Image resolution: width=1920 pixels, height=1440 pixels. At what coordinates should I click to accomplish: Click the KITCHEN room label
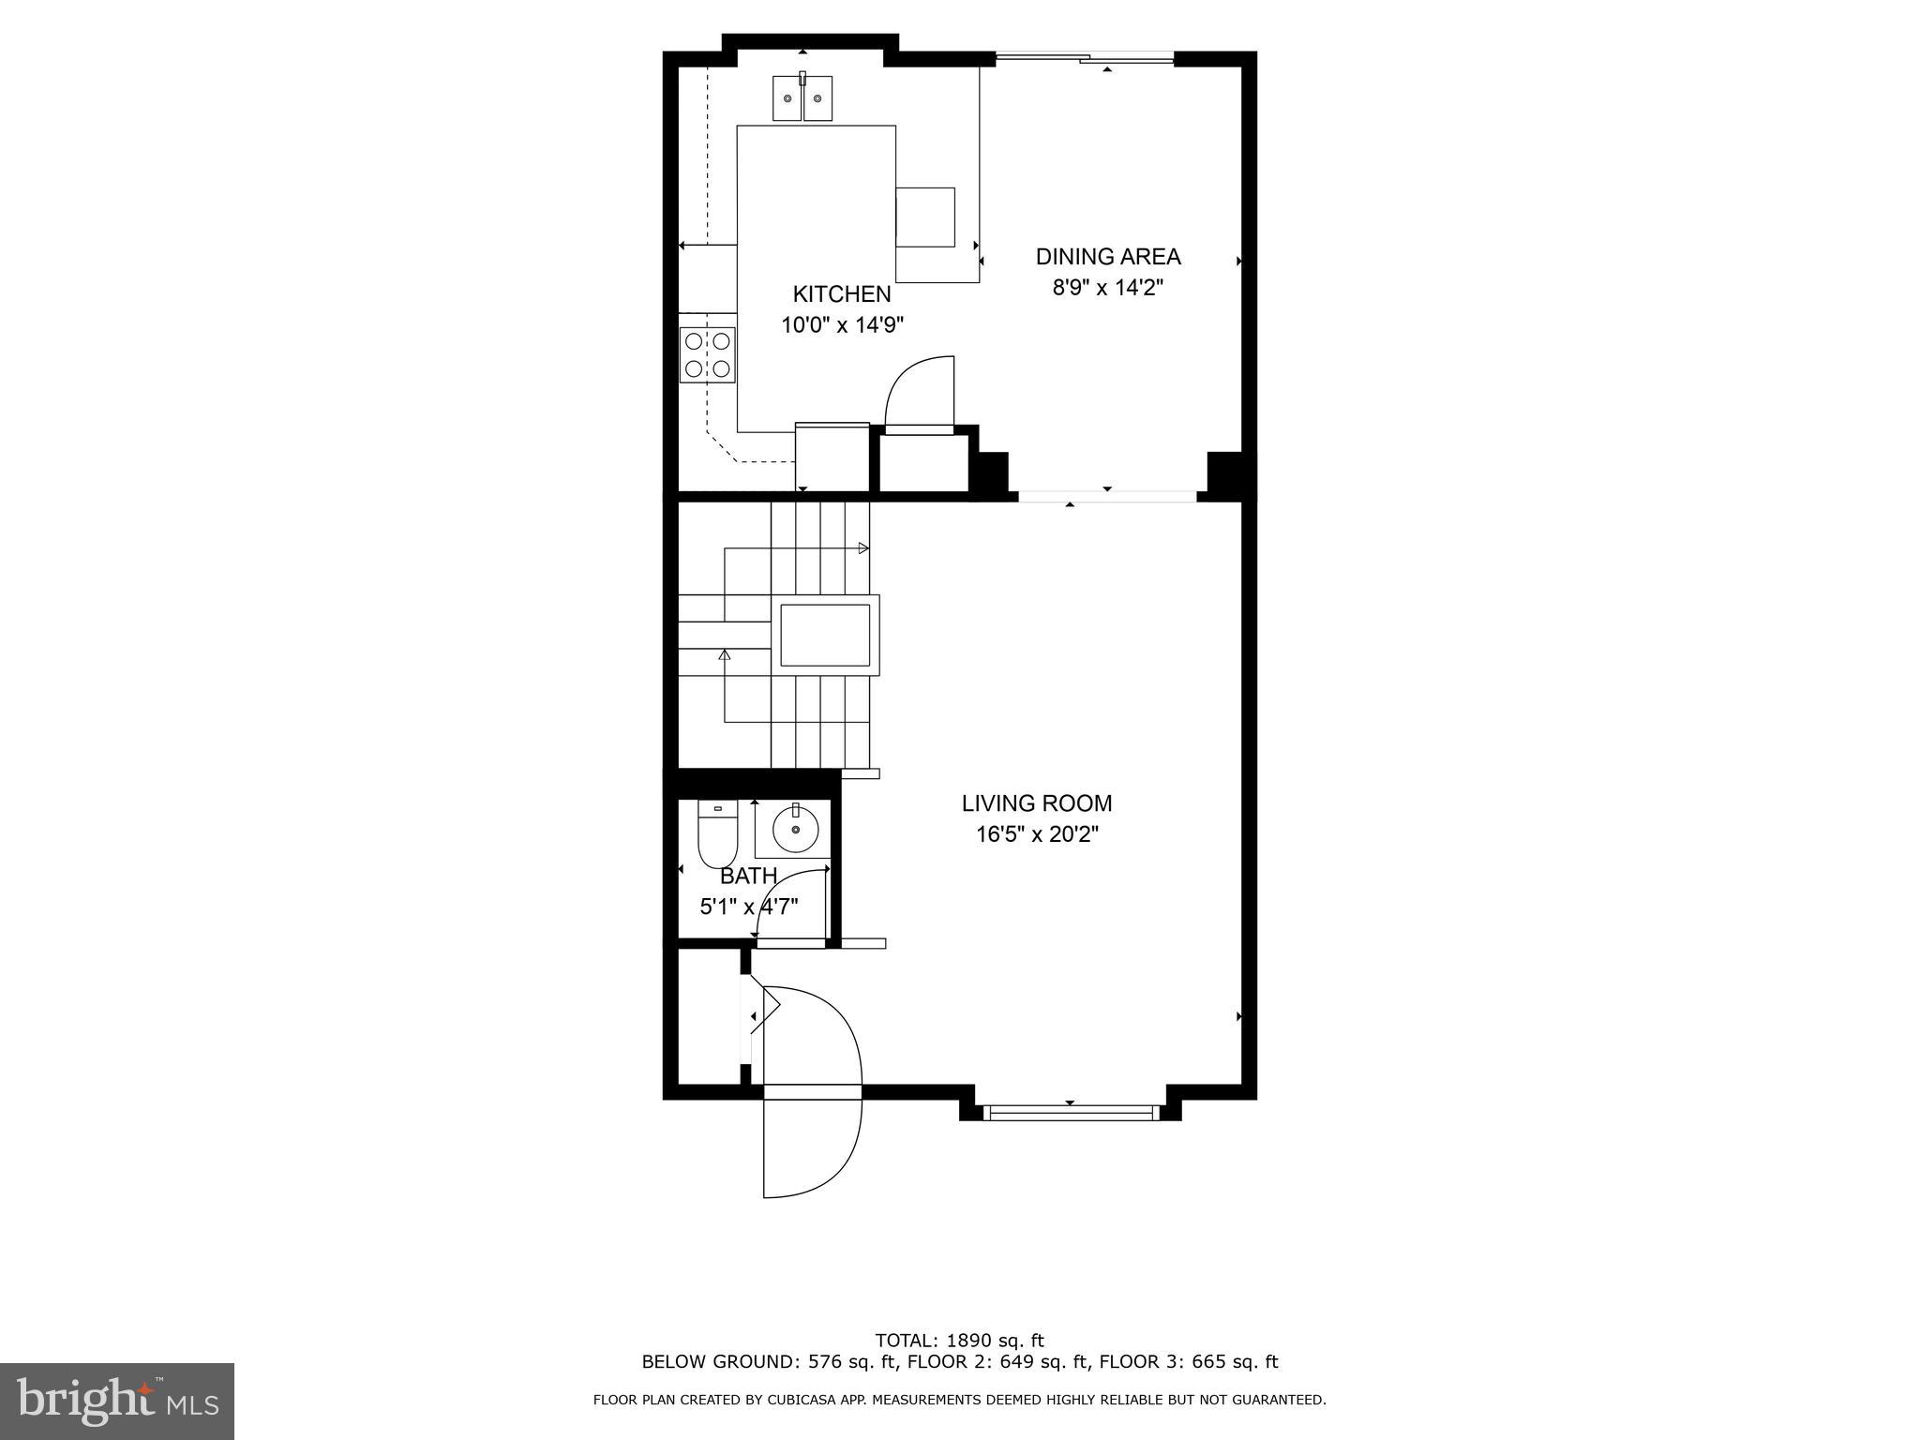841,294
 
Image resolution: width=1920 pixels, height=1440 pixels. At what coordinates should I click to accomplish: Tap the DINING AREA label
1107,257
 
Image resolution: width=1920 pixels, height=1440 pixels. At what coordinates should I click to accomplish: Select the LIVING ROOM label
1036,803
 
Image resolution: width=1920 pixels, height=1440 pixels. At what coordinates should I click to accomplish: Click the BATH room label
748,877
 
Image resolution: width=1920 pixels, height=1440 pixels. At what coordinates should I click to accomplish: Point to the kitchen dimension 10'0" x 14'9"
842,325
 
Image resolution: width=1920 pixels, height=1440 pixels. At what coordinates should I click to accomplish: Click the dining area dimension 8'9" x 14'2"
1107,288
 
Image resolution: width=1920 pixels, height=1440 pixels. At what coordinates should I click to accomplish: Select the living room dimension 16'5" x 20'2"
1036,834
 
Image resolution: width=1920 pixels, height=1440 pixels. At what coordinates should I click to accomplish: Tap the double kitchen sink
802,98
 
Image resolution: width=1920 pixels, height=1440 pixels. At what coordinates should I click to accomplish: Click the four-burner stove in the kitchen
708,355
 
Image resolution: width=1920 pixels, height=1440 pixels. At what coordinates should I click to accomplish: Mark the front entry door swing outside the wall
811,1147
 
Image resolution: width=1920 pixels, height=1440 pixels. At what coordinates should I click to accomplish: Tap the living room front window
1069,1113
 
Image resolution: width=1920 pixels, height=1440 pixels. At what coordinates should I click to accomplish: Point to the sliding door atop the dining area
1085,59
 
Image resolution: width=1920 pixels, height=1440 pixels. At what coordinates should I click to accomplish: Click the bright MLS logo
117,1401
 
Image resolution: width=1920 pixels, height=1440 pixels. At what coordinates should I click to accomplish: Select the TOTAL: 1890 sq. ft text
958,1341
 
